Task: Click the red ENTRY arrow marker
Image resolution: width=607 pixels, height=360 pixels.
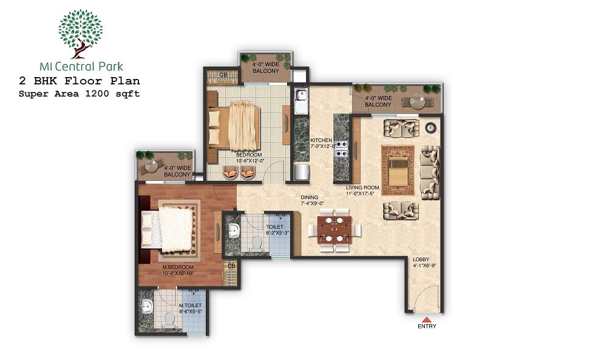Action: [x=426, y=319]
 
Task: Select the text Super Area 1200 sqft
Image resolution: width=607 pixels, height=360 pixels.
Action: [x=79, y=93]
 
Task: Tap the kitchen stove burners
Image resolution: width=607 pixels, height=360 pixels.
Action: [x=342, y=149]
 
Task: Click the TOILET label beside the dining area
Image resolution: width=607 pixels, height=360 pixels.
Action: [x=274, y=229]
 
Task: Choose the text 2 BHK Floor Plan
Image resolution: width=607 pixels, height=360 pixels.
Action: [x=79, y=81]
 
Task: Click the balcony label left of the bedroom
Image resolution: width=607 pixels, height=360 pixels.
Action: [x=177, y=171]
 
